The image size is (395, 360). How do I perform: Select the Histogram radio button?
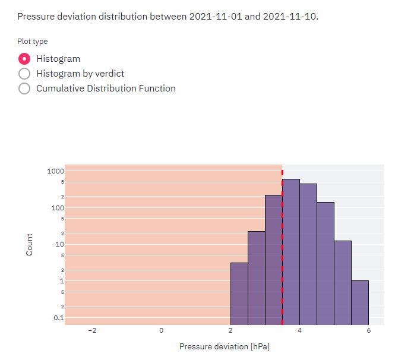click(x=24, y=59)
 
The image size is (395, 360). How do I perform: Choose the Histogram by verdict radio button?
click(x=24, y=74)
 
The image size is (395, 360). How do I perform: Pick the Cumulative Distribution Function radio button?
click(x=24, y=89)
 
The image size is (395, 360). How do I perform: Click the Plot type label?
click(x=33, y=42)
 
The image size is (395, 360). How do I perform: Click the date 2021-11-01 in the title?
click(x=216, y=16)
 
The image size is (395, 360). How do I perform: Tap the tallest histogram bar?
click(x=291, y=250)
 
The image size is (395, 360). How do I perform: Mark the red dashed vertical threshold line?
click(x=282, y=250)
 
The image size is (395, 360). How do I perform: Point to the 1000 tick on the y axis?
click(x=56, y=171)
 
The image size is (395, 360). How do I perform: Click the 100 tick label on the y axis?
click(x=57, y=208)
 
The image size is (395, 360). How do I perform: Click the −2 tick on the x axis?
click(x=91, y=330)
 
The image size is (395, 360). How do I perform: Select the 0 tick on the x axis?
click(x=161, y=330)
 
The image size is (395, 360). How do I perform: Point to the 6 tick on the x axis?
click(x=368, y=330)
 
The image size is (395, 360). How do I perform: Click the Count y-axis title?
click(x=30, y=244)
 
